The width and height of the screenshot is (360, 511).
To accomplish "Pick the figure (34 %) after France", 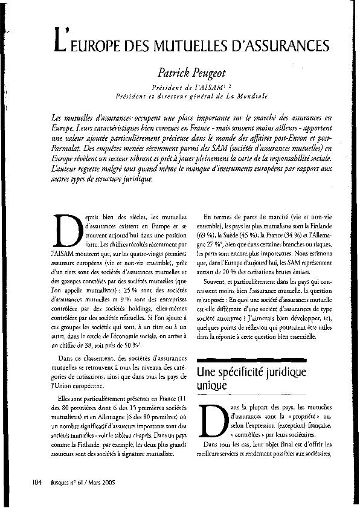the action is click(310, 232).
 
